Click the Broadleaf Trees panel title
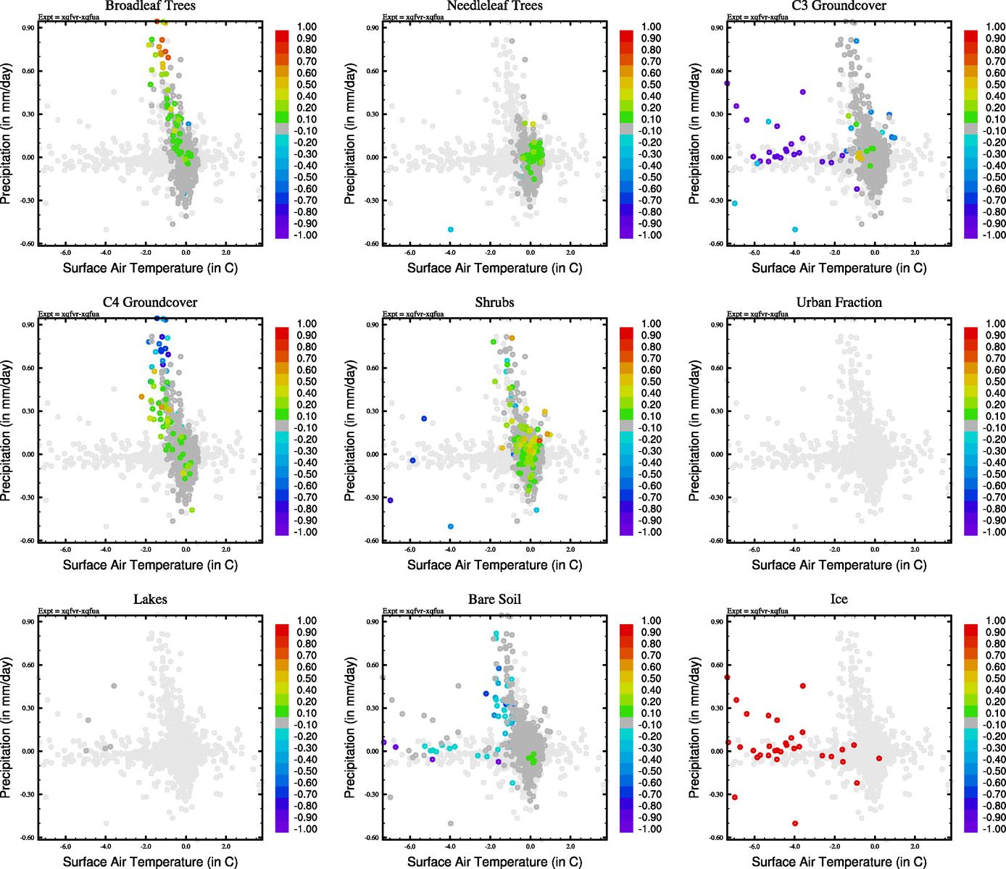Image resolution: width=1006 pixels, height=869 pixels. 150,6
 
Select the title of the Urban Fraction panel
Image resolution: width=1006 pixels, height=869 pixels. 839,303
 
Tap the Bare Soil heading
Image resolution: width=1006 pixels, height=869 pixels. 494,600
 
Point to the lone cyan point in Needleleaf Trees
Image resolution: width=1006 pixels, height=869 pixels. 451,230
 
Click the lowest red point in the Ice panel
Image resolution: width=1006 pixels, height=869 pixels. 795,823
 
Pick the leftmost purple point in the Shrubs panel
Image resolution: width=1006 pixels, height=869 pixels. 390,500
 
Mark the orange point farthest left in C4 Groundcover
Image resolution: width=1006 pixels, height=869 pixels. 141,397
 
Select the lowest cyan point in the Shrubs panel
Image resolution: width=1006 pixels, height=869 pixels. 451,526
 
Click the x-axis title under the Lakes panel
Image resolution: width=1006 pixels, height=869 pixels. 150,862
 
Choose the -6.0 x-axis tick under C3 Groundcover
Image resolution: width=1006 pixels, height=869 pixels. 754,253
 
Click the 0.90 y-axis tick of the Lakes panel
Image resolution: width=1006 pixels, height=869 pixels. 28,622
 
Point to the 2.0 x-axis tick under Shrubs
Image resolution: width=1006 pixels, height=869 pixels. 570,550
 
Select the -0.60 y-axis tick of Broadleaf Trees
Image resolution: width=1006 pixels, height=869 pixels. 27,244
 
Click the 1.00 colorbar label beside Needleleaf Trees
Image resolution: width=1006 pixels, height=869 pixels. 651,27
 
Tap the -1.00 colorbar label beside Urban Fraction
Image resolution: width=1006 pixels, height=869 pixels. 995,532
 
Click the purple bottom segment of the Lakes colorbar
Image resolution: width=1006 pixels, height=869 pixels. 282,826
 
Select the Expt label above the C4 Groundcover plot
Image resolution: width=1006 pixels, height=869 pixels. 69,314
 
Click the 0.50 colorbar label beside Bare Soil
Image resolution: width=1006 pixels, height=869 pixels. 651,679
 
